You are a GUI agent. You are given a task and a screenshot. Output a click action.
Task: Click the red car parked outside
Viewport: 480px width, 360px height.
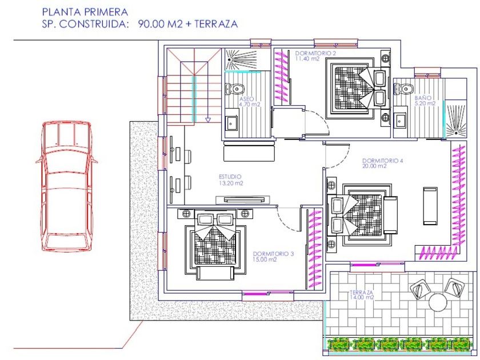pos(67,186)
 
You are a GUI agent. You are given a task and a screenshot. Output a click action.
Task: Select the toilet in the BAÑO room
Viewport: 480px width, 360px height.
pos(404,89)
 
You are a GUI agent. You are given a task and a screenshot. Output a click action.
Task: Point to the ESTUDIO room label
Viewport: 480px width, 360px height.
pos(231,180)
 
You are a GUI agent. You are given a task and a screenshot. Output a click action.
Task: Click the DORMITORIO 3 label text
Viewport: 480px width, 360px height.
pos(273,257)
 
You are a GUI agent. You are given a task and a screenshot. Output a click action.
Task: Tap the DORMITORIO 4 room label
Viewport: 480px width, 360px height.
pos(382,163)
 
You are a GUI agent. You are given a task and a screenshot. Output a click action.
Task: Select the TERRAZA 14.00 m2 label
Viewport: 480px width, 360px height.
pos(362,295)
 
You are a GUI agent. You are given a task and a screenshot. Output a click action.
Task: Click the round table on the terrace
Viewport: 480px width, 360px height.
pos(439,302)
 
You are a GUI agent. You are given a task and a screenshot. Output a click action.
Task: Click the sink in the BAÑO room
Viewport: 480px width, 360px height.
pos(400,121)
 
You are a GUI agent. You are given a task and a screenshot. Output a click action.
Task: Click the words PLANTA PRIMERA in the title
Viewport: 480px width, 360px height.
pos(85,12)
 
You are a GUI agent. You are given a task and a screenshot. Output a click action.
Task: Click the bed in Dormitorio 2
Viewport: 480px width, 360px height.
pos(357,88)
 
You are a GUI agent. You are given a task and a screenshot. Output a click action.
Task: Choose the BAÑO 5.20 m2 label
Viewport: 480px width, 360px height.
pos(425,101)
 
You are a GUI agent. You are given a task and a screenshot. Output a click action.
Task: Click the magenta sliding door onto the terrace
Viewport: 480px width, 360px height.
pos(377,263)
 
